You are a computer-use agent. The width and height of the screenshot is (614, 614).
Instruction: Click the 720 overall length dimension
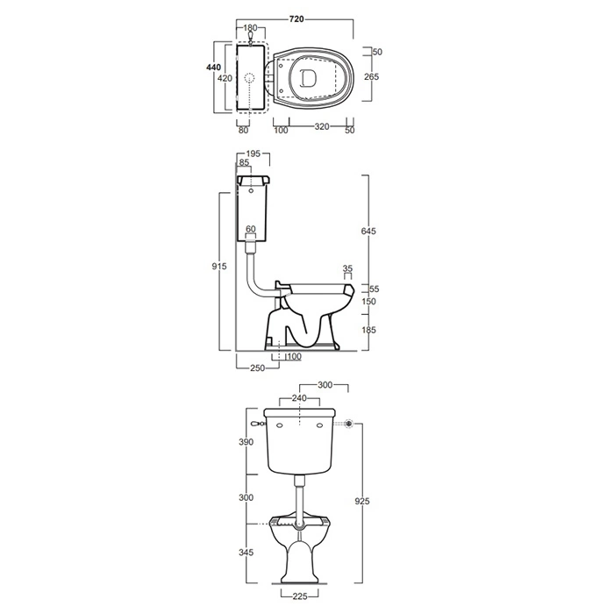[x=296, y=19]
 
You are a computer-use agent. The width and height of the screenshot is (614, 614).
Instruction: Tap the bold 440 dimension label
[x=214, y=68]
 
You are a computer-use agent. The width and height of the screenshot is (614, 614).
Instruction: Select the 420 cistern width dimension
[x=225, y=78]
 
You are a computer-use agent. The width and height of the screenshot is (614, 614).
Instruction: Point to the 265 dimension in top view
[x=371, y=77]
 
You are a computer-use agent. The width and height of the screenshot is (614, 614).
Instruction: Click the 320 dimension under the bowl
[x=322, y=126]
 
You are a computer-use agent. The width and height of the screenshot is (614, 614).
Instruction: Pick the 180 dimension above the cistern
[x=250, y=28]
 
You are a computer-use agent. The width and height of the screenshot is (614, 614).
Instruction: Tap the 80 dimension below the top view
[x=243, y=130]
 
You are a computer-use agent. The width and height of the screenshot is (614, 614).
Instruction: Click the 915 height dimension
[x=219, y=267]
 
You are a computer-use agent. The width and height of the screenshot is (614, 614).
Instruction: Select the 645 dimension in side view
[x=368, y=231]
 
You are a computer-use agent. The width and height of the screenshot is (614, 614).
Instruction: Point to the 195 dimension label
[x=253, y=153]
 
